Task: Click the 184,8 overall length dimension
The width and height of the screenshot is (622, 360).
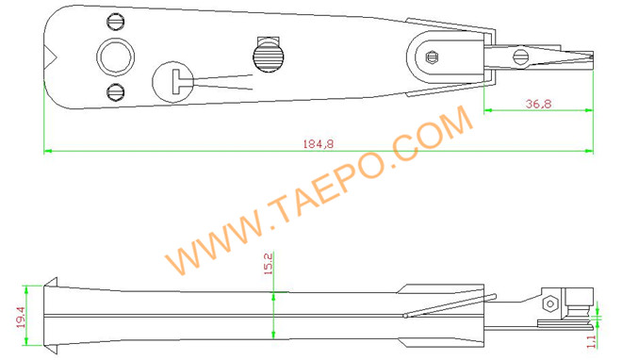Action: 319,143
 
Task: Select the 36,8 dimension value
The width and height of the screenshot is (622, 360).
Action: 539,103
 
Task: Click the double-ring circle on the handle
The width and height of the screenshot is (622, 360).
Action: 115,56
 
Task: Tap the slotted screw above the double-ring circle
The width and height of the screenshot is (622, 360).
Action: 117,21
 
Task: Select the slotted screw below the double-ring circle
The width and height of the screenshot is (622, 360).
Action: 116,91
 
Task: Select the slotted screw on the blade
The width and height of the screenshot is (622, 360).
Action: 519,57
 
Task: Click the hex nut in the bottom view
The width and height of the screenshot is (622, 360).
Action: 548,304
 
